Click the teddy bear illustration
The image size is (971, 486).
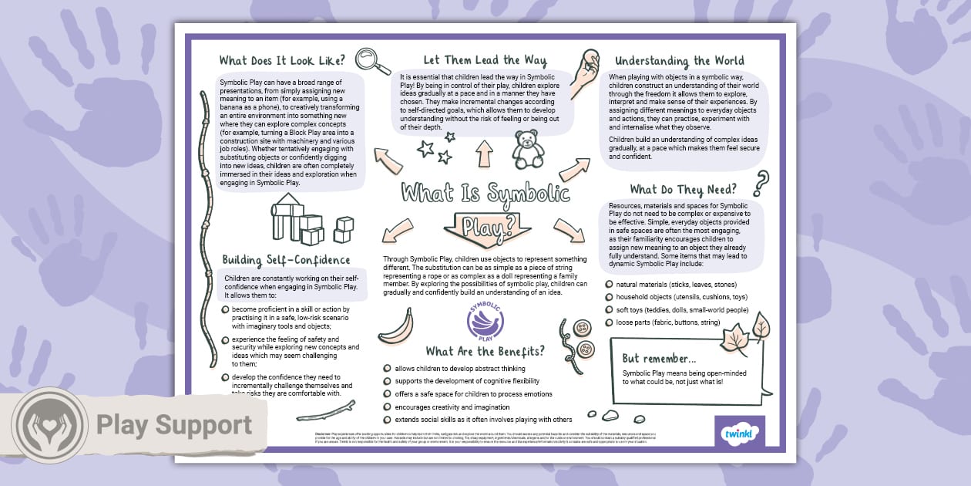pos(529,149)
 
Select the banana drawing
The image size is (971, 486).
pos(396,326)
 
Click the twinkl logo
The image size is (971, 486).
pos(740,434)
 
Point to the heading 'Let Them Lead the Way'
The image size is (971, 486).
pos(485,60)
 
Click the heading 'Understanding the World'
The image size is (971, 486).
pos(679,61)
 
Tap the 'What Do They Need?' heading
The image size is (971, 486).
pos(683,189)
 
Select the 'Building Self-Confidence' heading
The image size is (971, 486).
pos(286,260)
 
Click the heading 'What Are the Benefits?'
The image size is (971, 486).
pos(485,351)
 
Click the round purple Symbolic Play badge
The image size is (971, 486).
pos(485,319)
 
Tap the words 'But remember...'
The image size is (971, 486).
pos(659,359)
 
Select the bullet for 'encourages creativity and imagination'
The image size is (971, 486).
pos(387,407)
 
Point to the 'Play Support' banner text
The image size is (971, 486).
pos(173,425)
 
